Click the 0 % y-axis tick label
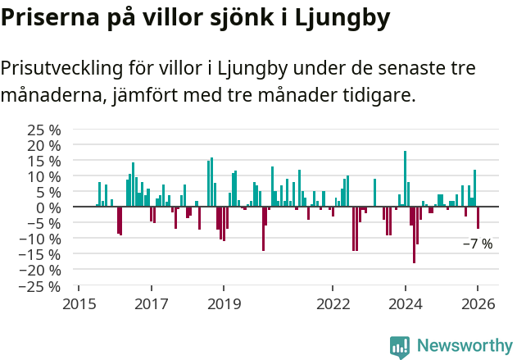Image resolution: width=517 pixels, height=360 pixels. [x=49, y=207]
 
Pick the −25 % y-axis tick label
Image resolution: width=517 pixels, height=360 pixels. [x=42, y=286]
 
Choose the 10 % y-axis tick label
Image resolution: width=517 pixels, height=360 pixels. [x=45, y=176]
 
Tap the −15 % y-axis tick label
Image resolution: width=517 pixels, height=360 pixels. [x=42, y=255]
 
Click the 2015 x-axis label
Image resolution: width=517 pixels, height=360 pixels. [x=79, y=303]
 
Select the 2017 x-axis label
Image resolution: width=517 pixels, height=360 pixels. [x=152, y=303]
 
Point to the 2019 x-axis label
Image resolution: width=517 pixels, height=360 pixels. [x=224, y=303]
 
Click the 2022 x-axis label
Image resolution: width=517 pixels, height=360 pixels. [x=333, y=303]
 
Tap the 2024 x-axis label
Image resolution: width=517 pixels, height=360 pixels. [x=405, y=303]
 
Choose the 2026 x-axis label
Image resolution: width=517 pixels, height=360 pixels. [x=478, y=303]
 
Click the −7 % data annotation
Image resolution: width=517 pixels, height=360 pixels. [x=478, y=244]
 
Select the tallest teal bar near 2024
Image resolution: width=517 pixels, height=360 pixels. [x=405, y=179]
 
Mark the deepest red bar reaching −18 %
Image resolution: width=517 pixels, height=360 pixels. [x=414, y=235]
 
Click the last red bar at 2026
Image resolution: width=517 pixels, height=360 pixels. [x=478, y=218]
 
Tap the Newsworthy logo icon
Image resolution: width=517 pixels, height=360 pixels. [x=400, y=346]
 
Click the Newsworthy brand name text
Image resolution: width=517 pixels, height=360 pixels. [x=465, y=346]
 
